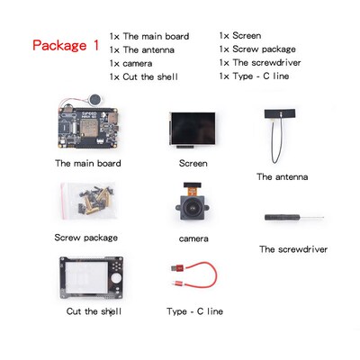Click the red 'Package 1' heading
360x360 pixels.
(65, 45)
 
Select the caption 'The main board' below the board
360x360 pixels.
(87, 164)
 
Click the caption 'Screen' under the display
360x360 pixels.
(193, 164)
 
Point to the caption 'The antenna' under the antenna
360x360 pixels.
(282, 177)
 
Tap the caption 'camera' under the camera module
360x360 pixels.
(193, 238)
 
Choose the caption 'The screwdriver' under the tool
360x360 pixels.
(292, 249)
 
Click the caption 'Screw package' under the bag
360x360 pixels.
(85, 238)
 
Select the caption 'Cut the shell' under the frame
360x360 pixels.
(94, 311)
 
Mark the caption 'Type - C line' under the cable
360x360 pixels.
(194, 311)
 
